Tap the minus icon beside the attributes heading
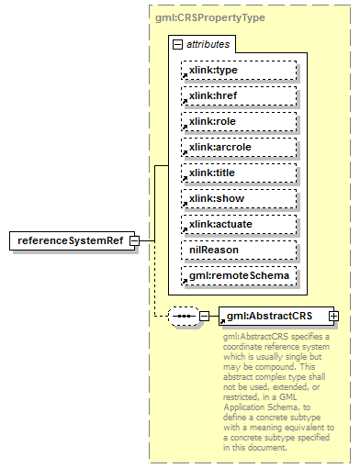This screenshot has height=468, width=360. [176, 44]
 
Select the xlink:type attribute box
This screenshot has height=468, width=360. [239, 70]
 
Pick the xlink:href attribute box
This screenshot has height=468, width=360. [239, 95]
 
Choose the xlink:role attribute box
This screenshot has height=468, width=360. [239, 121]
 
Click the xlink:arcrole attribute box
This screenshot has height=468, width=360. [239, 147]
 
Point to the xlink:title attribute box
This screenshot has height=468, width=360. [239, 173]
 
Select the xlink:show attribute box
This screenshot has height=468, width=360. [239, 198]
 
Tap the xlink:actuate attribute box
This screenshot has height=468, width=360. [239, 224]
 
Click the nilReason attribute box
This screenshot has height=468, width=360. [239, 250]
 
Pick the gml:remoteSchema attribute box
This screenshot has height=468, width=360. [239, 275]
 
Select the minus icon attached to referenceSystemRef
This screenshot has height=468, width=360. [135, 241]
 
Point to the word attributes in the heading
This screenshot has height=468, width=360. [208, 44]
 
